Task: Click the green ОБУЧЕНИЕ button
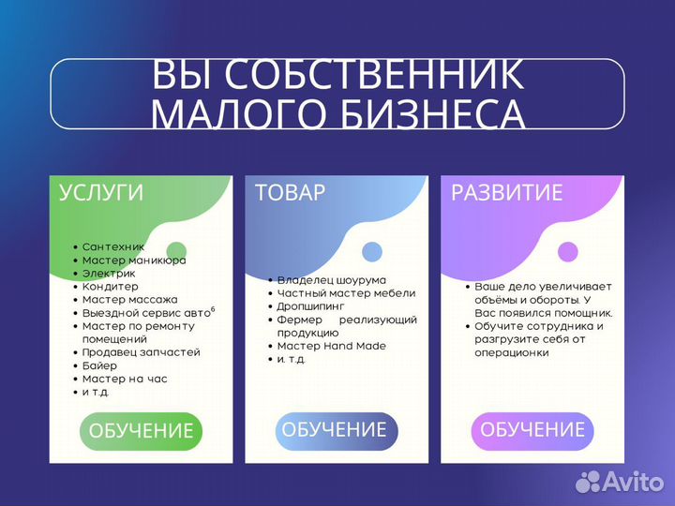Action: tap(141, 431)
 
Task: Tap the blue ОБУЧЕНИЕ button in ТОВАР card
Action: tap(336, 430)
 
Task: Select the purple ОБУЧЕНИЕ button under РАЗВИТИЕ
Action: tap(532, 430)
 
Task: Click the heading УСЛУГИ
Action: tap(101, 193)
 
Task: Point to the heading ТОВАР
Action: tap(290, 193)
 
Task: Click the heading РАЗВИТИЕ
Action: tap(506, 193)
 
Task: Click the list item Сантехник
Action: tap(112, 246)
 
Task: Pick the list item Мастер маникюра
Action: tap(133, 260)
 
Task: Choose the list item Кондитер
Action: tap(110, 286)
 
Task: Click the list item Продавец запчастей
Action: tap(141, 352)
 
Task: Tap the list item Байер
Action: tap(99, 365)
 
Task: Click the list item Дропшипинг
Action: tap(310, 306)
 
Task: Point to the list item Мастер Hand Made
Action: tap(331, 346)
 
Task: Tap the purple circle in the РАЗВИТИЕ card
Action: tap(567, 251)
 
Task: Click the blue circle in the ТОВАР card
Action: tap(372, 251)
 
